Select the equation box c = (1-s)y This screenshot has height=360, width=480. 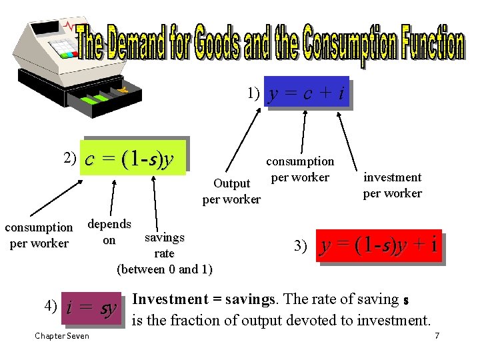point(132,159)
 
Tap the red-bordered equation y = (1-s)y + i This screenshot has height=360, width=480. point(379,246)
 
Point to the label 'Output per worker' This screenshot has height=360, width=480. point(231,191)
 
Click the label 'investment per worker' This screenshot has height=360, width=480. point(392,185)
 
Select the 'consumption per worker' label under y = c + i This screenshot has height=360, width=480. point(300,169)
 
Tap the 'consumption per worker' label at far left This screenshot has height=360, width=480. point(39,235)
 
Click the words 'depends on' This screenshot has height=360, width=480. point(109,231)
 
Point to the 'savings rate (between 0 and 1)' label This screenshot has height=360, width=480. point(164,253)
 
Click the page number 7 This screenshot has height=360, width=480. point(437,336)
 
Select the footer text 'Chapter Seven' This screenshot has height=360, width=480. point(62,336)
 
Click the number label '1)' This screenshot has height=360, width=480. point(253,93)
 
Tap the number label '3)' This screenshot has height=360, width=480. point(301,247)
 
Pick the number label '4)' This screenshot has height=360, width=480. point(51,307)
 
